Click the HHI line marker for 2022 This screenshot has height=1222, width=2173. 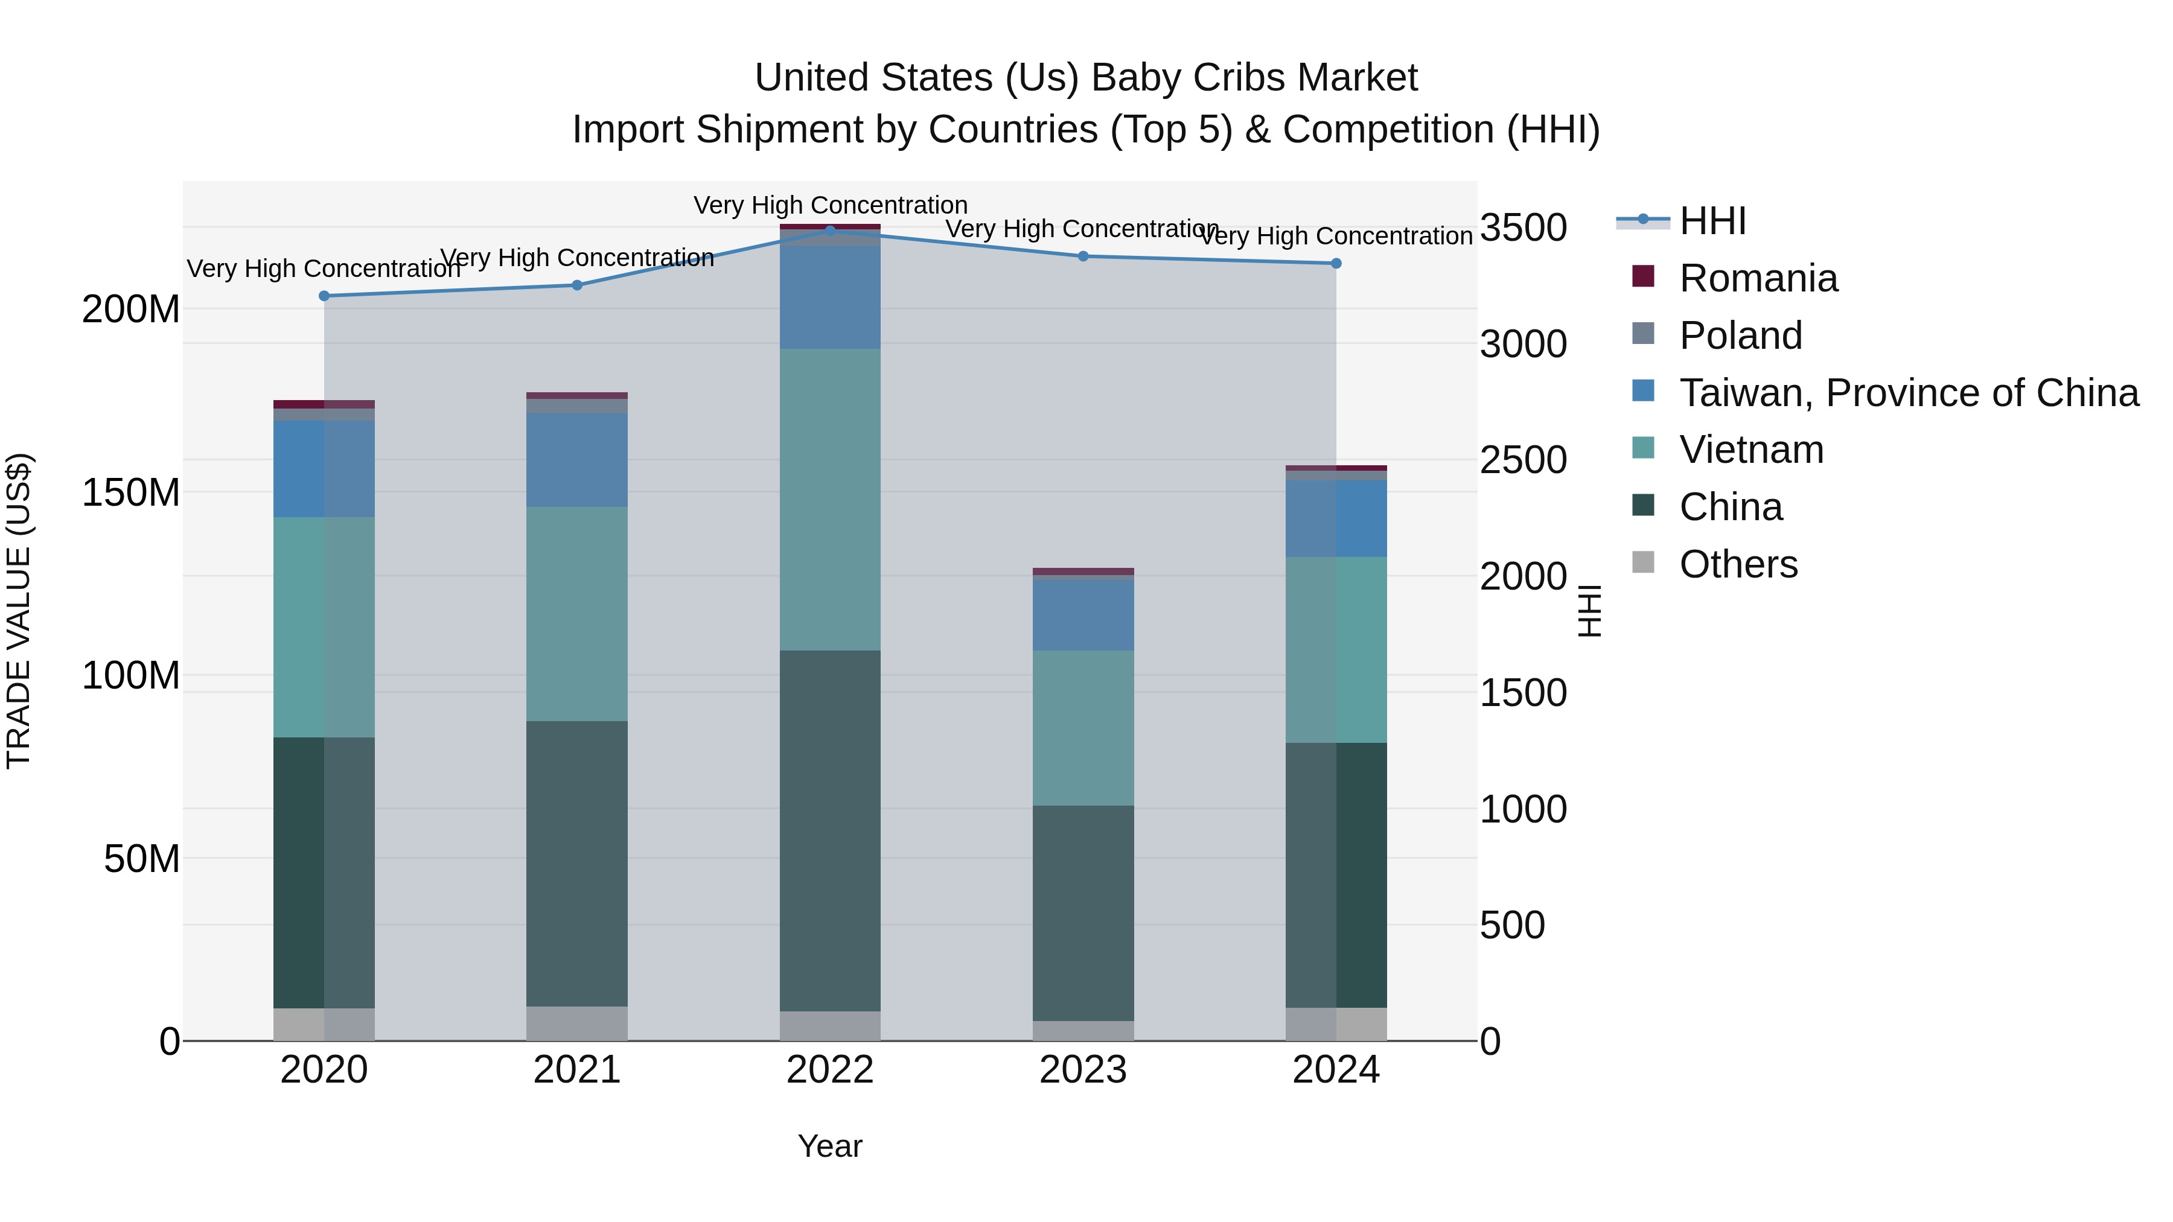(830, 231)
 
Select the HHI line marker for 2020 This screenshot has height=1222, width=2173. (324, 296)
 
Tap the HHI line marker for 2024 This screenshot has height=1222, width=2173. (1336, 263)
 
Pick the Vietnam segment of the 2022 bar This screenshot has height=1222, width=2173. (830, 499)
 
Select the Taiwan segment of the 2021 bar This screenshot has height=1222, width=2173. (577, 460)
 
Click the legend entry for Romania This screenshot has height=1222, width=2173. (1758, 278)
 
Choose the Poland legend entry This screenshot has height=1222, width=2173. (1740, 336)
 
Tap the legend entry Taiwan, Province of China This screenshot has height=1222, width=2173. (1908, 393)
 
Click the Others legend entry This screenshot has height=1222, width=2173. (1738, 564)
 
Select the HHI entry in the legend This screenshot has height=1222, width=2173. (1712, 221)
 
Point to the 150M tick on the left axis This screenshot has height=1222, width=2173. (131, 492)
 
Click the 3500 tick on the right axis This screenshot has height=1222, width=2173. (1524, 228)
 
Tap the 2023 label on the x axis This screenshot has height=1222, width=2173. (1083, 1070)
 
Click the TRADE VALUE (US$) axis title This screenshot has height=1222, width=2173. (19, 611)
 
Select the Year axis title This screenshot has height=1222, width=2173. (830, 1146)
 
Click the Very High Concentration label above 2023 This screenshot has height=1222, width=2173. (1082, 229)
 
